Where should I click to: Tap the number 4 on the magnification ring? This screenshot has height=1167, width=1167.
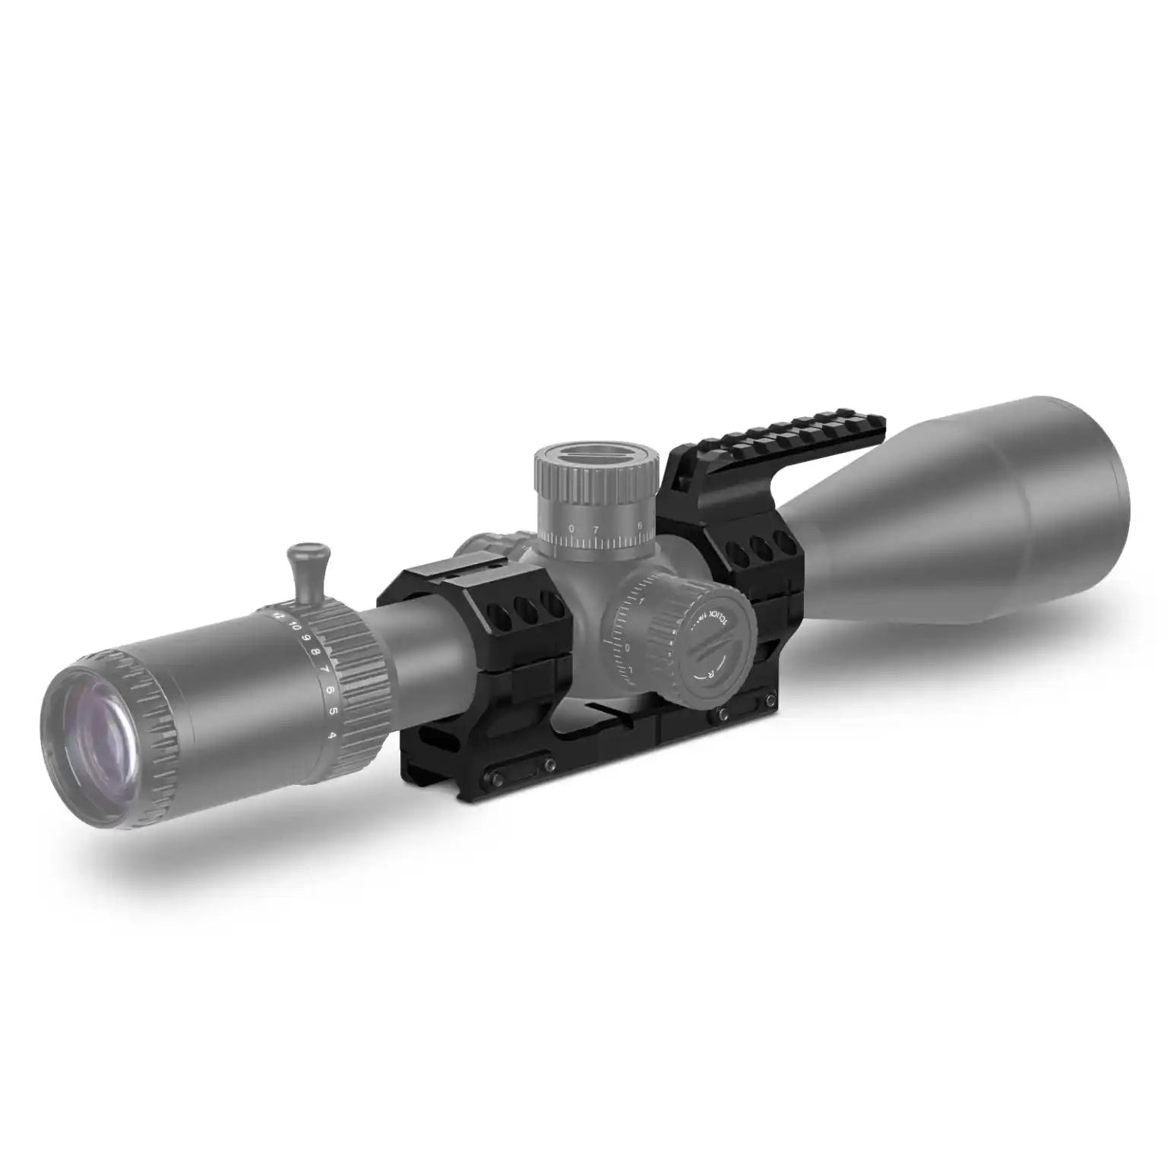tap(332, 735)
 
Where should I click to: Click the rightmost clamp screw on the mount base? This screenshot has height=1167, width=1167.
tap(771, 699)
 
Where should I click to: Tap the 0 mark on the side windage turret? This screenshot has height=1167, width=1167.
tap(628, 647)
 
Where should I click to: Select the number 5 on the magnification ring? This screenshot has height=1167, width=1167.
tap(332, 712)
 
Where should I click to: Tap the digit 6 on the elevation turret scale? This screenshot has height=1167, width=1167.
tap(640, 524)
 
